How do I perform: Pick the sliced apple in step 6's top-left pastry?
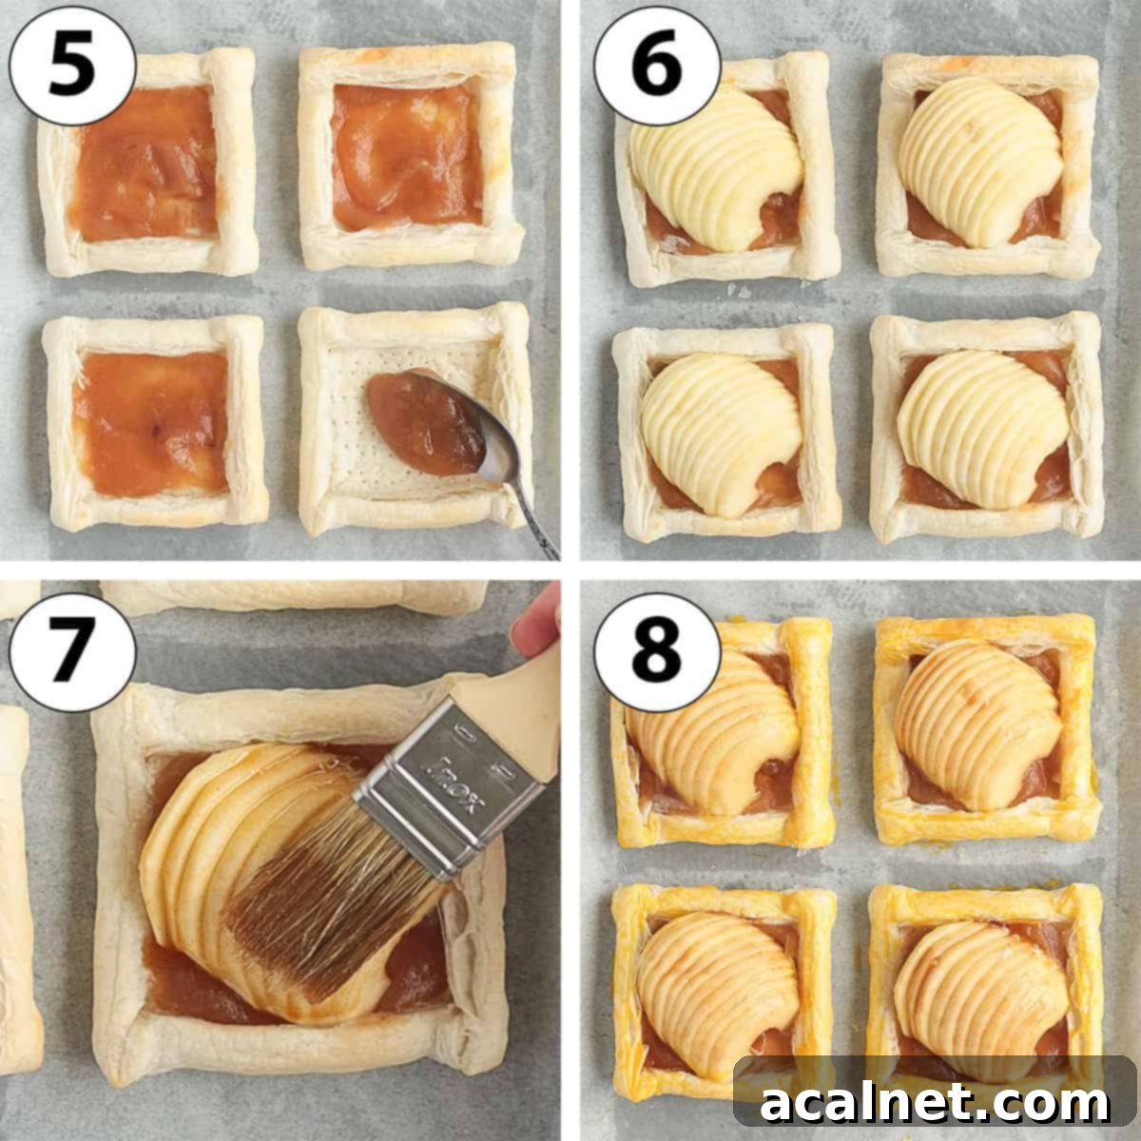[713, 166]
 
